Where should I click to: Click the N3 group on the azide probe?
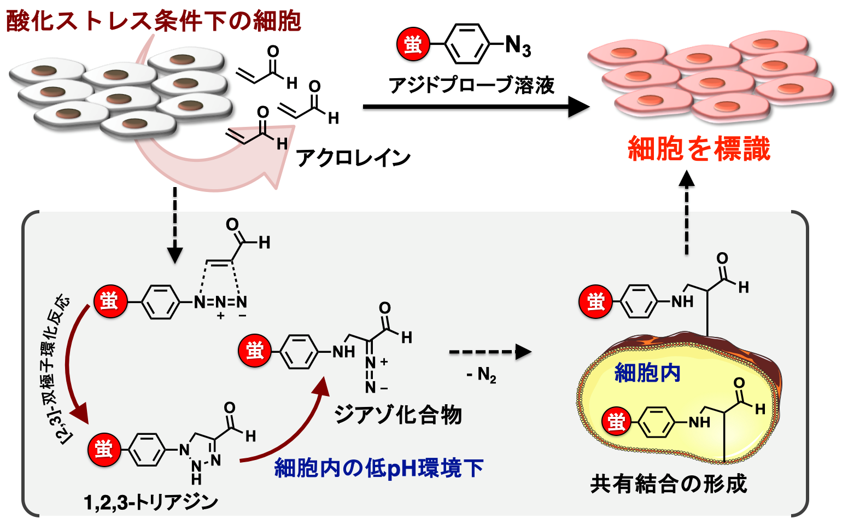pyautogui.click(x=517, y=45)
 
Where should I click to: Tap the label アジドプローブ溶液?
pyautogui.click(x=471, y=85)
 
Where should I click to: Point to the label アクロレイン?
pyautogui.click(x=353, y=158)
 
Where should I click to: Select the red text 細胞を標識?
pyautogui.click(x=699, y=149)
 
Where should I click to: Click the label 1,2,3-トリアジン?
pyautogui.click(x=151, y=502)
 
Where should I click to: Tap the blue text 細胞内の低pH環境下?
pyautogui.click(x=378, y=468)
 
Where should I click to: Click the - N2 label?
pyautogui.click(x=481, y=375)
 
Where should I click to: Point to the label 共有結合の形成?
pyautogui.click(x=668, y=484)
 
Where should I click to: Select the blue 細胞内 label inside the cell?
pyautogui.click(x=647, y=373)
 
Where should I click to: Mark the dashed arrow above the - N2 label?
pyautogui.click(x=489, y=352)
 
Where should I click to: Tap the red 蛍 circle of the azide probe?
pyautogui.click(x=413, y=43)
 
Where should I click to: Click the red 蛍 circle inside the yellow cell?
pyautogui.click(x=616, y=422)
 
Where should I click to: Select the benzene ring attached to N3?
pyautogui.click(x=466, y=44)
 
